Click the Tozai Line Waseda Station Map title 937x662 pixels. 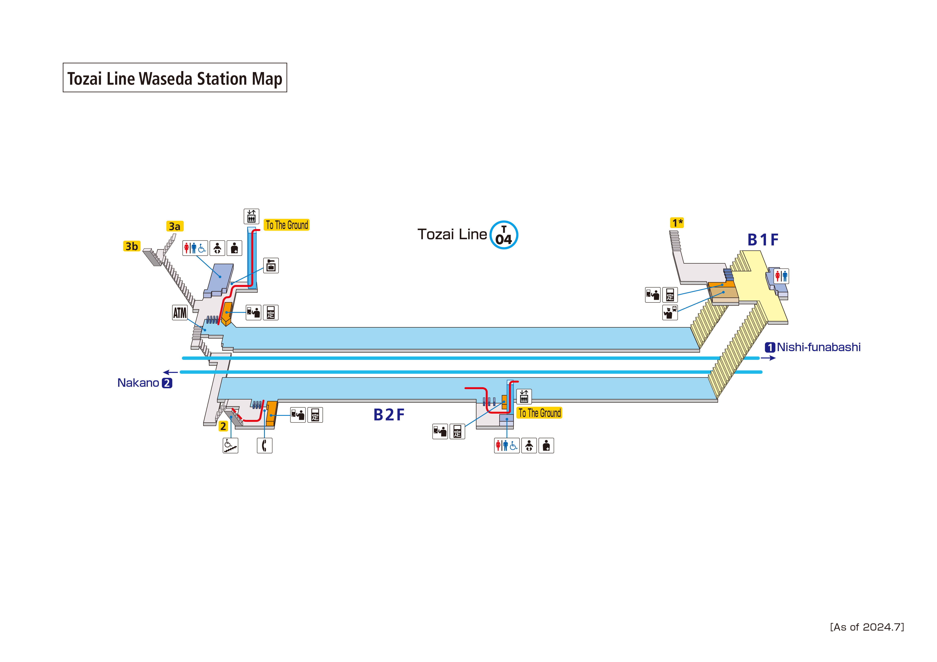tap(175, 78)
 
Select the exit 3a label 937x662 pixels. tap(175, 226)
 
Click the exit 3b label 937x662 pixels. tap(131, 246)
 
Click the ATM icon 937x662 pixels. tap(180, 313)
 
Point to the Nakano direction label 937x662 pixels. tap(144, 383)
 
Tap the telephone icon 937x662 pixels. tap(264, 445)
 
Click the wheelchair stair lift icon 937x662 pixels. tap(230, 445)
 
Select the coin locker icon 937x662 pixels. tap(271, 265)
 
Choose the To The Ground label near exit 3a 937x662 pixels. tap(287, 225)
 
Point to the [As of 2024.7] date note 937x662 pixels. tap(867, 627)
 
